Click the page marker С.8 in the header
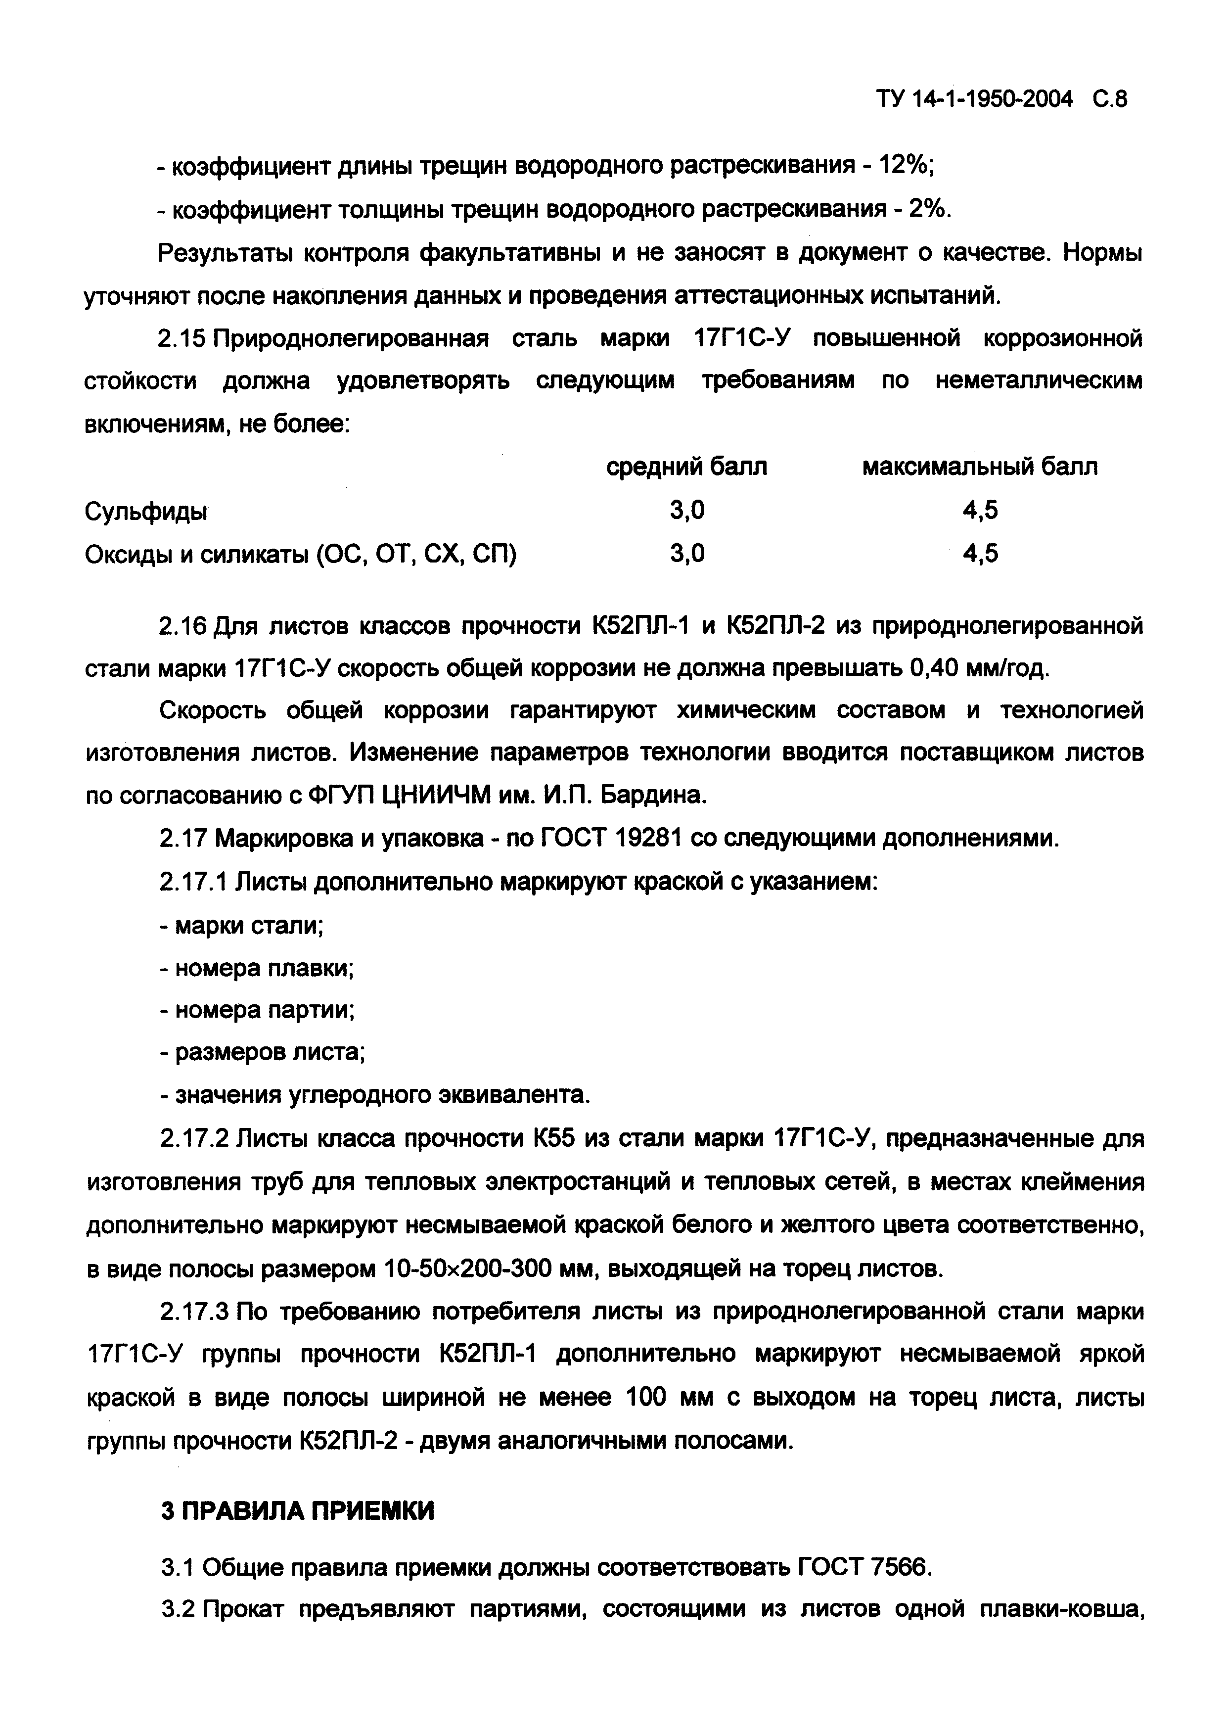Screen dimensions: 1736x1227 (1108, 99)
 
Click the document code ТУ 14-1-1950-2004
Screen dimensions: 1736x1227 (974, 99)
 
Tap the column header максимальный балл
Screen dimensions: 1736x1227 (980, 467)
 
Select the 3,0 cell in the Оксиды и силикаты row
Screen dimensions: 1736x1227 (686, 554)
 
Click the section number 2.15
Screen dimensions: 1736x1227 (182, 339)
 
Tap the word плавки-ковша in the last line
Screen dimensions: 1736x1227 (1060, 1610)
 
